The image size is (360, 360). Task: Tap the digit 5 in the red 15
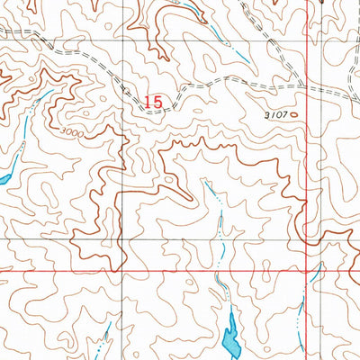158,103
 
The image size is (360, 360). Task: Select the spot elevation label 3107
277,115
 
